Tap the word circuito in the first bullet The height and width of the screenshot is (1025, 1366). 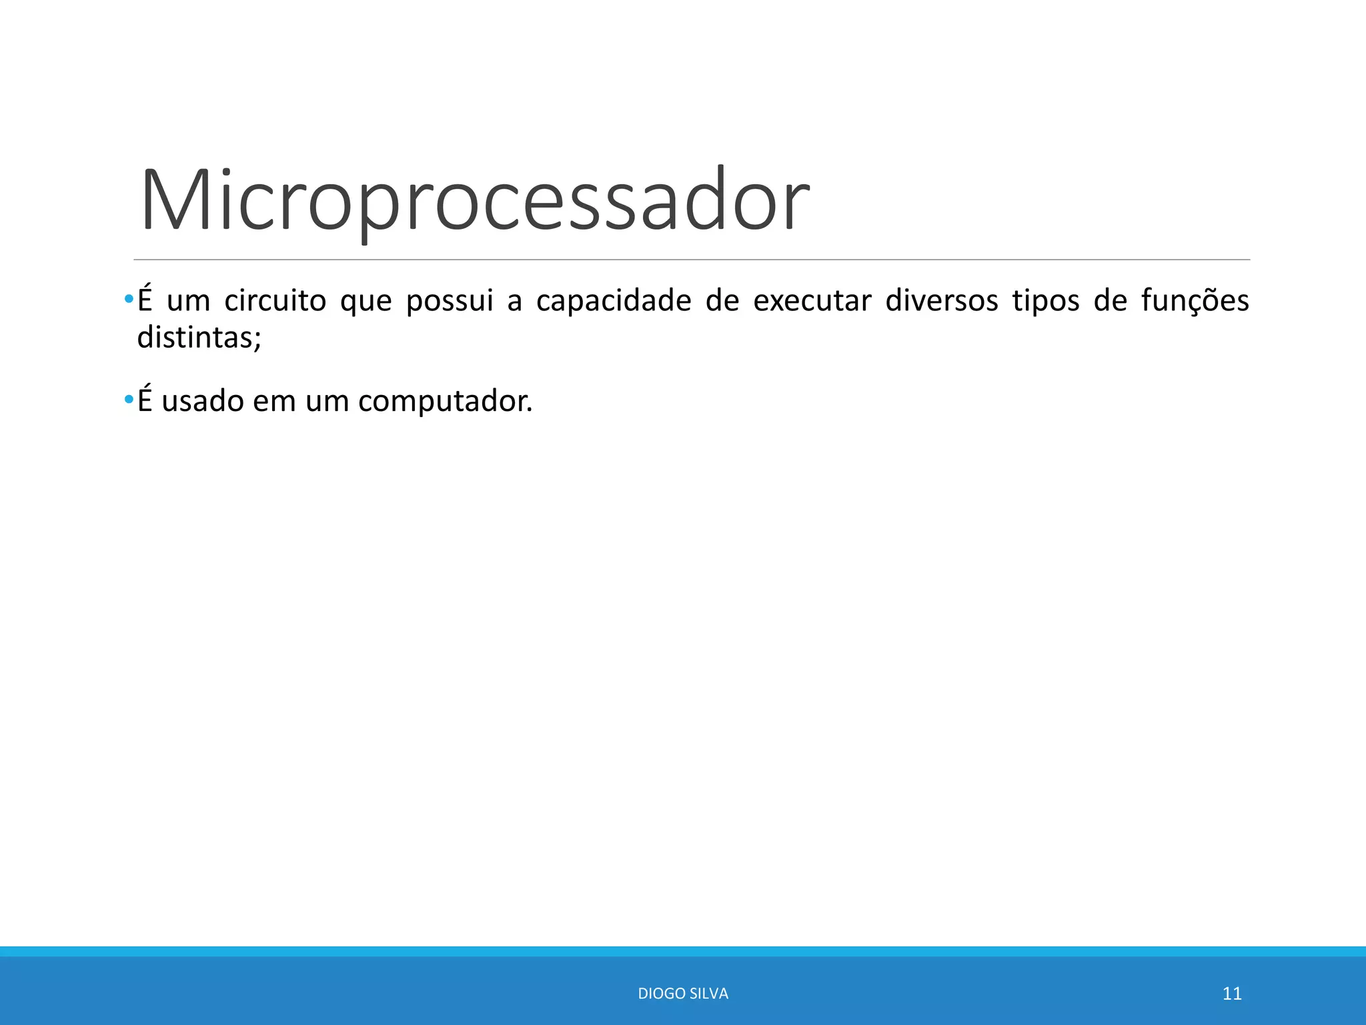tap(275, 301)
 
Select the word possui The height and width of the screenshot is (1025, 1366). tap(449, 301)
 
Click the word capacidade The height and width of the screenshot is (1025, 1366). tap(614, 301)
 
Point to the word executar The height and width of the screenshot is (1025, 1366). tap(812, 301)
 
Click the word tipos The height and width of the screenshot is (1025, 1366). tap(1045, 301)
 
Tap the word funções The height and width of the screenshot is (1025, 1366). tap(1195, 301)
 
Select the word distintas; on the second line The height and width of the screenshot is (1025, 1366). tap(199, 338)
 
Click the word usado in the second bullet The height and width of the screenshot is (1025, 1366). tap(202, 402)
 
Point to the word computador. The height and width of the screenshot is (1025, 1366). tap(445, 402)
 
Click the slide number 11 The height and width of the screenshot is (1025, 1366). tap(1231, 994)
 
